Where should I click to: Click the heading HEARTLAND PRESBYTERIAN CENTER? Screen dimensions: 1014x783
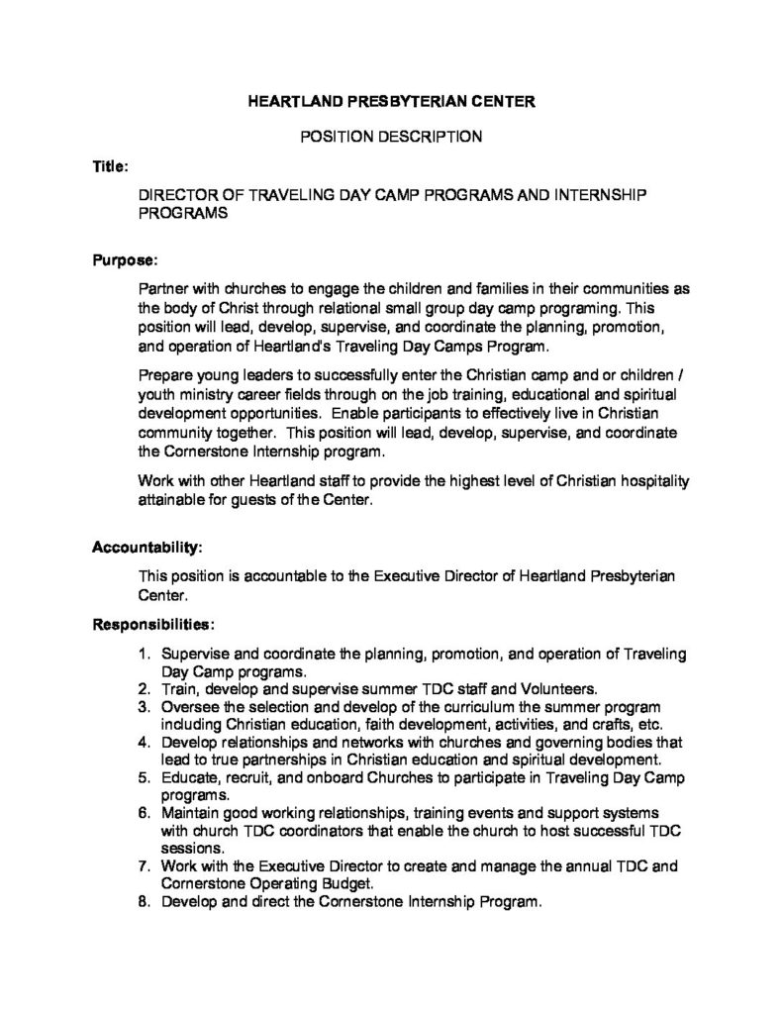(x=391, y=102)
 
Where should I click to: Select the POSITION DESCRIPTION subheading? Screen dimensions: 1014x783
(x=391, y=137)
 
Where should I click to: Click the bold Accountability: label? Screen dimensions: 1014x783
(x=147, y=547)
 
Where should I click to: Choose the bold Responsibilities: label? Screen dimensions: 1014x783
(x=153, y=625)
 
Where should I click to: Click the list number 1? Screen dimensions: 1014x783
(x=144, y=654)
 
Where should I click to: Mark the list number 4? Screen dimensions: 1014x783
(x=144, y=742)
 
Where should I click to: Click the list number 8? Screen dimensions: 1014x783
(x=144, y=900)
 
